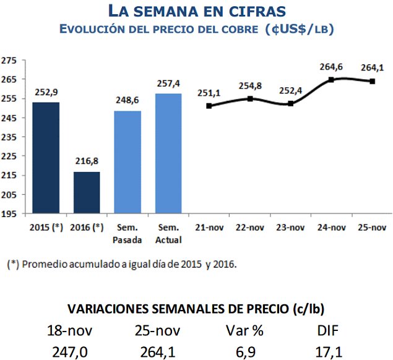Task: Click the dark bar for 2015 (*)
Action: [45, 158]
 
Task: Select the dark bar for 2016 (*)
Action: [86, 192]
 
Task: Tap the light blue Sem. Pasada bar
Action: [127, 162]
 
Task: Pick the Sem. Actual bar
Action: [168, 153]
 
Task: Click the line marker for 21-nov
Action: [209, 106]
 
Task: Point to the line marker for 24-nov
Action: [331, 80]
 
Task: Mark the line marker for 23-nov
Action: [291, 103]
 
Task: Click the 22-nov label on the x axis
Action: [250, 227]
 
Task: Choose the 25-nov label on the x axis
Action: [371, 227]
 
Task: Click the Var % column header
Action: [244, 331]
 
